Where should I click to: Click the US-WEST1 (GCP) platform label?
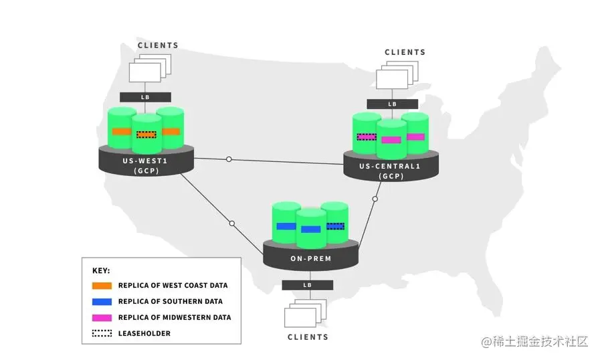[144, 166]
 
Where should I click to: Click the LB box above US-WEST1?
[145, 97]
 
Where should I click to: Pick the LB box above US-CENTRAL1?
[392, 104]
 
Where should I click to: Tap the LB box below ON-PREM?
[308, 285]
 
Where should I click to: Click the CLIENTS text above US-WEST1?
[158, 46]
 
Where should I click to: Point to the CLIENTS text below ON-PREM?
[308, 337]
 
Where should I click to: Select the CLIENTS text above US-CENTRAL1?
[405, 52]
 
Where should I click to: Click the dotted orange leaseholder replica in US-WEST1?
[146, 134]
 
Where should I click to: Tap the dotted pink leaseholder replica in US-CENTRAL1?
[367, 137]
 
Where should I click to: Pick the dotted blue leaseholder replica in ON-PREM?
[335, 226]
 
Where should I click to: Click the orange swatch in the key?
[102, 286]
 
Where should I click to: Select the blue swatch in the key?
[102, 302]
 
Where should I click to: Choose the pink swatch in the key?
[102, 317]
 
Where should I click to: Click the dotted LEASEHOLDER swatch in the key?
[102, 333]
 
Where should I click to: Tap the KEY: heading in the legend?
[101, 271]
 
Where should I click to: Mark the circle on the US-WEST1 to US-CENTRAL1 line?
[229, 159]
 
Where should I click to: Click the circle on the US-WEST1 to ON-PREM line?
[232, 223]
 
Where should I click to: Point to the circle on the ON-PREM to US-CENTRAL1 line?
[375, 199]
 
